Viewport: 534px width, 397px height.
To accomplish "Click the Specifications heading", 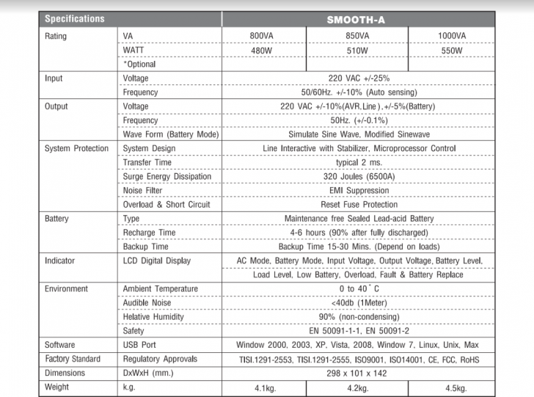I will coord(75,19).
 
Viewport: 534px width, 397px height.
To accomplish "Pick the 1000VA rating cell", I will coord(452,36).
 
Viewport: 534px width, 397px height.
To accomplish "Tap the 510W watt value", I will coord(357,51).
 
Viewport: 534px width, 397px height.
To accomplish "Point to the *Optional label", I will coord(139,65).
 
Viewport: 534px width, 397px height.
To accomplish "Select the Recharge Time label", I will coord(149,233).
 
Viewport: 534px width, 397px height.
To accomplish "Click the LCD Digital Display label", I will coord(156,261).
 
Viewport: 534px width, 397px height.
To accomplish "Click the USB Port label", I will coord(141,345).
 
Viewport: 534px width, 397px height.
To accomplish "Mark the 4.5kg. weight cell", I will coord(452,387).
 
